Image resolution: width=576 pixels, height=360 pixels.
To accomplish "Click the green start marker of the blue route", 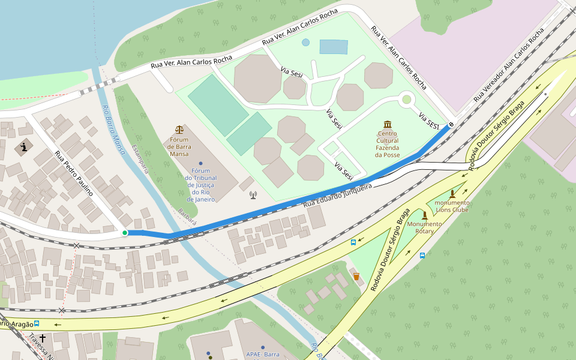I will pyautogui.click(x=125, y=233).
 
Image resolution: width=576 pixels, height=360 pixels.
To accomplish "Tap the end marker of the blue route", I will pyautogui.click(x=451, y=124).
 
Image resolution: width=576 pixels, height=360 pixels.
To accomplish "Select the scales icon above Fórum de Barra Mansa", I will pyautogui.click(x=179, y=130).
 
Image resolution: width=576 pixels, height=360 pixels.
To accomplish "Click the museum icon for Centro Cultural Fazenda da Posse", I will pyautogui.click(x=388, y=124).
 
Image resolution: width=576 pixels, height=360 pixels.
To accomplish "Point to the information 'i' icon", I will pyautogui.click(x=24, y=146).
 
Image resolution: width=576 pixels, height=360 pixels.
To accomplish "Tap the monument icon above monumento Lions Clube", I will pyautogui.click(x=452, y=193).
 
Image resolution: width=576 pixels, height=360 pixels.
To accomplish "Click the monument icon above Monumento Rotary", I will pyautogui.click(x=425, y=215).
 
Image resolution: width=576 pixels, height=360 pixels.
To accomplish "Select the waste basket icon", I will pyautogui.click(x=356, y=276).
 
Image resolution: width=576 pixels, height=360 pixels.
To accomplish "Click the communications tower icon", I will pyautogui.click(x=253, y=194).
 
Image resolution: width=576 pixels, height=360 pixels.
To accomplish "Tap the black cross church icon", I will pyautogui.click(x=43, y=338).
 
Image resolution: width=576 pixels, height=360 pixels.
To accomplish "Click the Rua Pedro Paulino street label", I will pyautogui.click(x=74, y=173).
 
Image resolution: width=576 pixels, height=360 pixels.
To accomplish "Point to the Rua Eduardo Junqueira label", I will pyautogui.click(x=338, y=196).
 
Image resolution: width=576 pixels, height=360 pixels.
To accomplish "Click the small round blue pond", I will pyautogui.click(x=306, y=43).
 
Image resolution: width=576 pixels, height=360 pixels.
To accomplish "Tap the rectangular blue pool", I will pyautogui.click(x=334, y=47).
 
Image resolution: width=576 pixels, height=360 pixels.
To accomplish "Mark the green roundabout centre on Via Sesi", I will pyautogui.click(x=407, y=100).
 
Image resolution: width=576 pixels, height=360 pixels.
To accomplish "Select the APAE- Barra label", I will pyautogui.click(x=263, y=354).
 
